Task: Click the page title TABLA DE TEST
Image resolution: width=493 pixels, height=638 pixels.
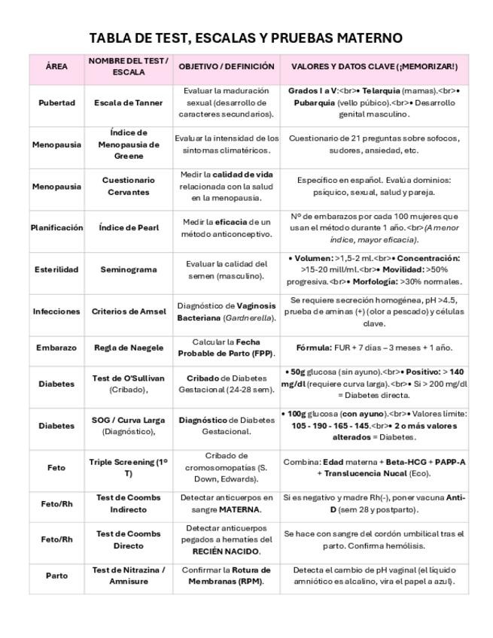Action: click(x=245, y=38)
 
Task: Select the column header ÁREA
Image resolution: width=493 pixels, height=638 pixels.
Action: click(x=56, y=66)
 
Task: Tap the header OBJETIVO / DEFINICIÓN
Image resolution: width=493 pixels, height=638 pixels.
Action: click(x=227, y=66)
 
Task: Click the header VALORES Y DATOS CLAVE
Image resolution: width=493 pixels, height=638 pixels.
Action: click(x=373, y=66)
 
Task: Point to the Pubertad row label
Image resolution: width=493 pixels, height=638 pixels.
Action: click(x=56, y=102)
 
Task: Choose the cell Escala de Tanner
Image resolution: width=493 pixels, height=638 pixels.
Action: click(x=128, y=102)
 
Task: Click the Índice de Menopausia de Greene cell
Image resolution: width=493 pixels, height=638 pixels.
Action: click(x=129, y=144)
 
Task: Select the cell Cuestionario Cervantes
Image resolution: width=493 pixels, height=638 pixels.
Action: click(x=129, y=186)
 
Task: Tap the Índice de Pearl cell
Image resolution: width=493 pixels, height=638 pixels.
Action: click(x=129, y=227)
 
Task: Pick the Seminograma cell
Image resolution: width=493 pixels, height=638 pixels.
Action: click(x=128, y=269)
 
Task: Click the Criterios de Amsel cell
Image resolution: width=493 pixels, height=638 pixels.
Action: click(x=129, y=311)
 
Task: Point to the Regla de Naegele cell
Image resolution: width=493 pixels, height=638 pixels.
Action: click(x=128, y=348)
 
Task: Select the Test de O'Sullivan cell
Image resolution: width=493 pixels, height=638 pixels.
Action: click(x=129, y=384)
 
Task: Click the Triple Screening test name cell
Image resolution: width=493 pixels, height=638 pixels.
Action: click(x=129, y=468)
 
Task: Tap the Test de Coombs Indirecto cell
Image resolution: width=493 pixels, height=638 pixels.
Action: click(x=129, y=503)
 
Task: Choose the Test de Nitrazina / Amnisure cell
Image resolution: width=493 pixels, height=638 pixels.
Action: click(x=129, y=576)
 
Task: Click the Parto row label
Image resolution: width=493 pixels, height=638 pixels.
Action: click(x=56, y=576)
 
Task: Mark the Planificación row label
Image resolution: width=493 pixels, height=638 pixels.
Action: click(x=56, y=227)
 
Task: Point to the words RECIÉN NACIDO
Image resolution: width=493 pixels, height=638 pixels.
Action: click(x=227, y=551)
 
